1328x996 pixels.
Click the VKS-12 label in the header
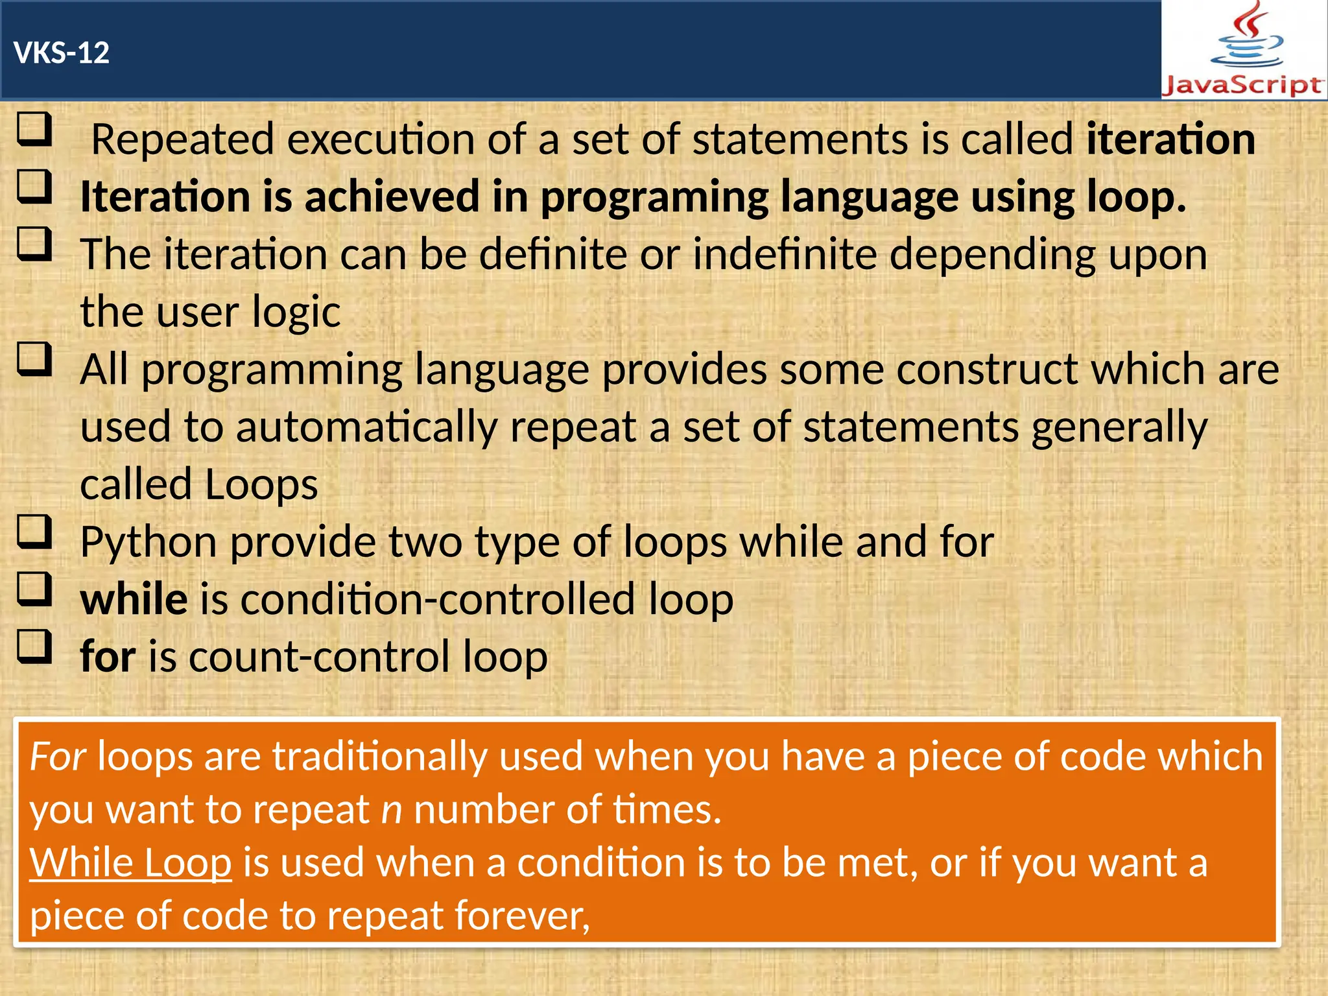coord(62,53)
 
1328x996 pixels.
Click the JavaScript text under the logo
coord(1242,86)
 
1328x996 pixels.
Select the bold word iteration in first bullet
coord(1170,139)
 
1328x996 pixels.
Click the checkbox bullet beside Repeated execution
coord(34,129)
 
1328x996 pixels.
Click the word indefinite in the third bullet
coord(785,254)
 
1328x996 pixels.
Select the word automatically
coord(366,427)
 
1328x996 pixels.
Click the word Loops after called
coord(261,484)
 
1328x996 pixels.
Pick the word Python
coord(148,542)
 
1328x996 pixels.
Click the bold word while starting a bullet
coord(134,599)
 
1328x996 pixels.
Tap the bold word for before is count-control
coord(108,656)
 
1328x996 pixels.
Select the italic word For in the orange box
coord(58,756)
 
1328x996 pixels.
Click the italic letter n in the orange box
coord(392,811)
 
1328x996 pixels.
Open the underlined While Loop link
coord(130,863)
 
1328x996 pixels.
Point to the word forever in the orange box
coord(521,916)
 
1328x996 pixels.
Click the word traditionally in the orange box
coord(380,756)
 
